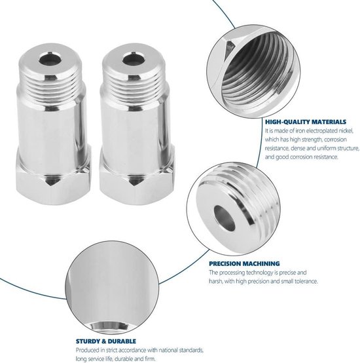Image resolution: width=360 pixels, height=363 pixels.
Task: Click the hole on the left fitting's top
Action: coord(50,59)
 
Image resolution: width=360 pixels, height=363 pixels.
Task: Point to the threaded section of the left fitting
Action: coord(51,88)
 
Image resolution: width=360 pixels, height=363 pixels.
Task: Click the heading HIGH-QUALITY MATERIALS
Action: coord(306,122)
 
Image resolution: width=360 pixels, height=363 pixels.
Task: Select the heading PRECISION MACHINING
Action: coord(244,263)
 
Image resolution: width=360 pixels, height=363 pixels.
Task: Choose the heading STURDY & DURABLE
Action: coord(106,341)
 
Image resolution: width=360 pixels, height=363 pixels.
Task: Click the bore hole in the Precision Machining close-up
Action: coord(225,218)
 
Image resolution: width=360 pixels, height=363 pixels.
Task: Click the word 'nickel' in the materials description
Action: coord(346,131)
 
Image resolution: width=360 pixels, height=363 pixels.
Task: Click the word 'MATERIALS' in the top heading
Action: coord(329,122)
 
